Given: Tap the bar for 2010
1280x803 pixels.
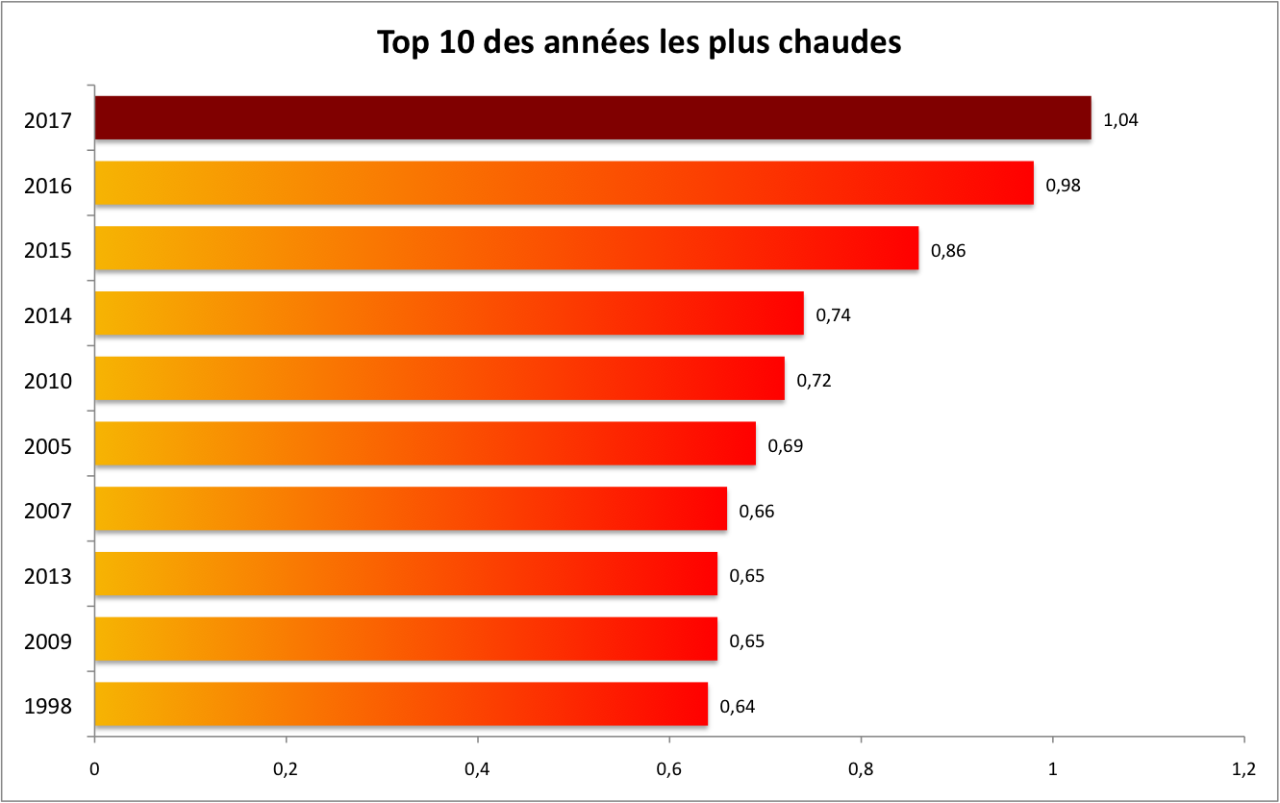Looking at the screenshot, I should [x=440, y=379].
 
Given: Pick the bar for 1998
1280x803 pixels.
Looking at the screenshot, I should [x=402, y=705].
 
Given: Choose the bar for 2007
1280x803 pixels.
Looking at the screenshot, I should [x=412, y=509].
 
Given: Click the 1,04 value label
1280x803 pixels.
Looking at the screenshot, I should [x=1121, y=120].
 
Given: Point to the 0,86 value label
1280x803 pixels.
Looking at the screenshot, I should [x=947, y=251].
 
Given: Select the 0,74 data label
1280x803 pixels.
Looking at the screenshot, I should [x=833, y=314].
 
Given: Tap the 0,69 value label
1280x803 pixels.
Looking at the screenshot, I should [x=785, y=445].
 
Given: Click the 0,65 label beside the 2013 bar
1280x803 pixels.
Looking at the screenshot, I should [x=746, y=576].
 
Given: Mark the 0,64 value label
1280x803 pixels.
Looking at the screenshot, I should [x=737, y=707].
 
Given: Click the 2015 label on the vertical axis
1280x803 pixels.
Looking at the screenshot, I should [x=48, y=251].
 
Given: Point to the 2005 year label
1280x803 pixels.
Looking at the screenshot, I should [x=48, y=447].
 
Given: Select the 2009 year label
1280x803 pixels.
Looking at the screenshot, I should [x=48, y=641].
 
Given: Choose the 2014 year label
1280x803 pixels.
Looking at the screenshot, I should [x=48, y=316].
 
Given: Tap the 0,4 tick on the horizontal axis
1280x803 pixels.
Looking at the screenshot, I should [x=478, y=769].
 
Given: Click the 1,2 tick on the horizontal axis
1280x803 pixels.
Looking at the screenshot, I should [x=1243, y=769].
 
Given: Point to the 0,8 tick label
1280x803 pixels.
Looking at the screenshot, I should [x=861, y=769].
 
